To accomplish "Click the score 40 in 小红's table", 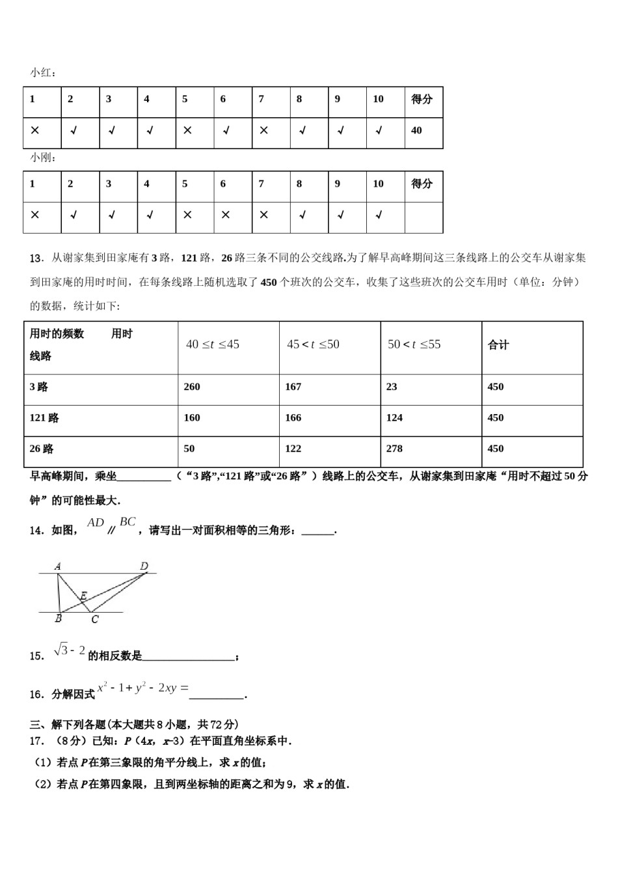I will point(416,131).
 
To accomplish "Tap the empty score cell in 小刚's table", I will point(423,217).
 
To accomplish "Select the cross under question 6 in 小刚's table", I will point(226,215).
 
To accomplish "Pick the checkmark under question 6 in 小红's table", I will point(226,131).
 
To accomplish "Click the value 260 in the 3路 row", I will point(192,387).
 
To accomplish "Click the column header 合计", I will point(498,345).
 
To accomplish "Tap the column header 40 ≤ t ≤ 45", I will point(213,344).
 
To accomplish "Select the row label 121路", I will point(44,418).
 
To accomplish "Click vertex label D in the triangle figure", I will point(144,566).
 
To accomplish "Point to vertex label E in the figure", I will point(83,595).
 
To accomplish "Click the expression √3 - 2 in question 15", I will point(70,650).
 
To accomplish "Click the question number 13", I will point(36,258).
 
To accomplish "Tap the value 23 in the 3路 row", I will point(392,387).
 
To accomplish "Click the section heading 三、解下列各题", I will point(133,724).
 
